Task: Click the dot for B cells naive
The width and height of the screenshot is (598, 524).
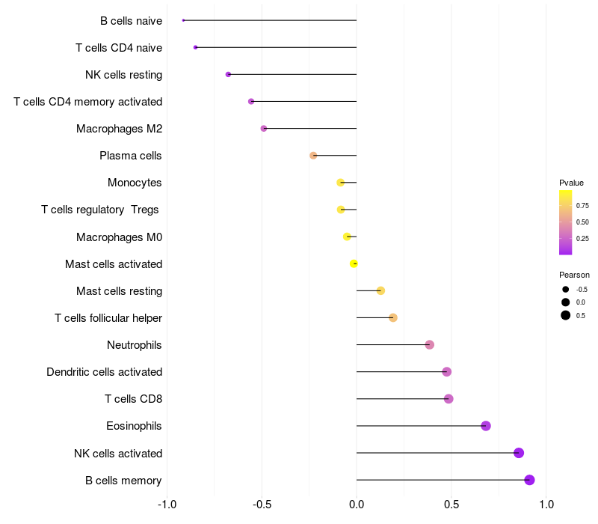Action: tap(183, 20)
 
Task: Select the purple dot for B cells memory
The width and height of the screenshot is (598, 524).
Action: tap(529, 480)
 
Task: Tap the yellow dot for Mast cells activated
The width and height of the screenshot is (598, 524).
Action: tap(354, 263)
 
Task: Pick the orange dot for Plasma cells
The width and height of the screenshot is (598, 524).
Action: tap(313, 156)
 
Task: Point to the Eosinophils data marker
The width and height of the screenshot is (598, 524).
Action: tap(485, 426)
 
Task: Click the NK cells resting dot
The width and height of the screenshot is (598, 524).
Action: tap(228, 74)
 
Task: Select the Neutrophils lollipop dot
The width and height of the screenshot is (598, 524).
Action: tap(429, 345)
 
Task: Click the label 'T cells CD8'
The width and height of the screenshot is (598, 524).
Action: tap(134, 399)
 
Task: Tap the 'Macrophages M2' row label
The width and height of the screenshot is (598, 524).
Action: tap(120, 129)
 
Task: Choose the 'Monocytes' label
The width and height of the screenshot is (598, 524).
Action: tap(135, 183)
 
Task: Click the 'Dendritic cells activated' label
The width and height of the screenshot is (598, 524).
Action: tap(105, 372)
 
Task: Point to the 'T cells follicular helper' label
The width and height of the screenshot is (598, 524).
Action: tap(108, 318)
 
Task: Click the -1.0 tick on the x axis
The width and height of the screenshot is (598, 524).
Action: tap(167, 505)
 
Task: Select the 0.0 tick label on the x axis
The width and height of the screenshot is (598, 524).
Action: tap(357, 505)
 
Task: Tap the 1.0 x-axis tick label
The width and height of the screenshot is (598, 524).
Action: tap(546, 505)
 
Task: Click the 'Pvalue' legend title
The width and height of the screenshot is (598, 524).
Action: tap(571, 183)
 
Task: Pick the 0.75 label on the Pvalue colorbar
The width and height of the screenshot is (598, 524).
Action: tap(582, 205)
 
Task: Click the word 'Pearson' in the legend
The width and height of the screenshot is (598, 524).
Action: tap(574, 275)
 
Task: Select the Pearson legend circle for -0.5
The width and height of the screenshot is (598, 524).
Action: tap(566, 290)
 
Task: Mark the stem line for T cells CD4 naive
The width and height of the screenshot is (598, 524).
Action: tap(276, 47)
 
